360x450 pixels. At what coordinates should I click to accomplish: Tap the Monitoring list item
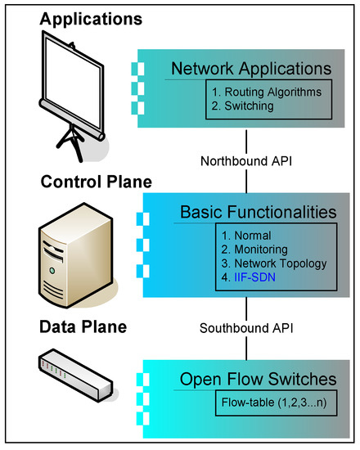click(254, 250)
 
